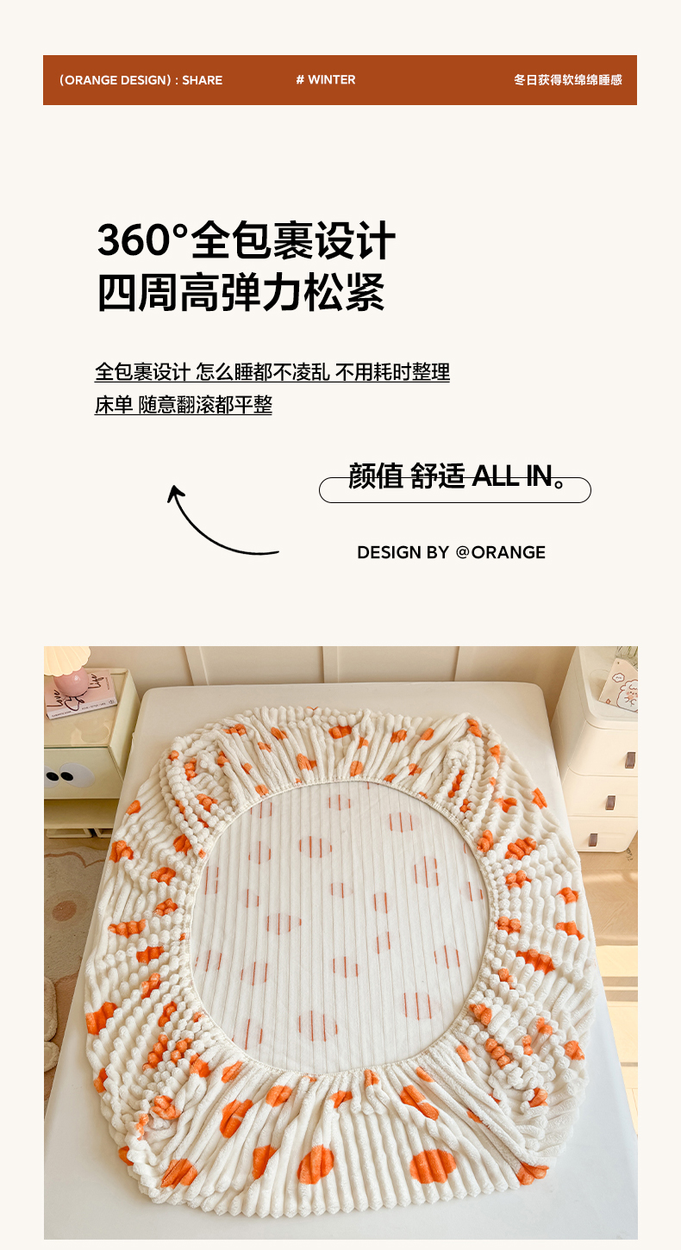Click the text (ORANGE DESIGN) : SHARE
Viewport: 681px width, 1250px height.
[x=141, y=80]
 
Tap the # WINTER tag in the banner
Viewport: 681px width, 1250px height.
[x=326, y=80]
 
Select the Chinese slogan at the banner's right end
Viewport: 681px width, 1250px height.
[x=568, y=80]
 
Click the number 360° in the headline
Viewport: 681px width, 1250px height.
[x=141, y=240]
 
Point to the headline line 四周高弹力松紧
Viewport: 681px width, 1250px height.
[x=241, y=292]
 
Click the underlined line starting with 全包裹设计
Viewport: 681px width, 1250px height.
[x=272, y=372]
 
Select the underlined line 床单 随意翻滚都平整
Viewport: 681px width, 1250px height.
[x=183, y=405]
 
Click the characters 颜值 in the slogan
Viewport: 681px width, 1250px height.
[x=376, y=476]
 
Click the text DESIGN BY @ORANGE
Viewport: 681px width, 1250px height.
[x=451, y=552]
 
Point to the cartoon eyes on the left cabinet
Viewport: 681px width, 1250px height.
[x=59, y=775]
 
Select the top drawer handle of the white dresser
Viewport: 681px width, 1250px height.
[x=629, y=760]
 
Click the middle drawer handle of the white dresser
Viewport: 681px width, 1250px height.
[x=610, y=802]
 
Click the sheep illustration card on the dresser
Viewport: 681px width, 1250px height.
[x=620, y=685]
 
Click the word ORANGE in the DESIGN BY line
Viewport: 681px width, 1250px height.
[x=508, y=552]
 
